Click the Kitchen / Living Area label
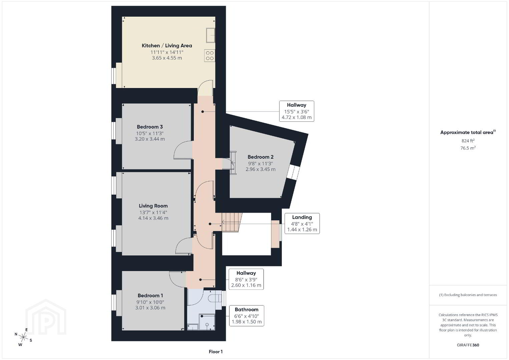[x=167, y=46]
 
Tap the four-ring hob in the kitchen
[x=209, y=56]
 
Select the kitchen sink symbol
[x=210, y=35]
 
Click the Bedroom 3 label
[x=150, y=127]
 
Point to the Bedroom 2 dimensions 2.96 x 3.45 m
[x=261, y=169]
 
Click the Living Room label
[x=153, y=206]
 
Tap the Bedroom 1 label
[x=150, y=295]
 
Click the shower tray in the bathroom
[x=207, y=322]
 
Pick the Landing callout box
[x=302, y=223]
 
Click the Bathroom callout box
[x=246, y=316]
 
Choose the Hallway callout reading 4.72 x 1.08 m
[x=297, y=111]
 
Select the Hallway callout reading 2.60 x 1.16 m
[x=246, y=279]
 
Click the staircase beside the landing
[x=232, y=222]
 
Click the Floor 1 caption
[x=216, y=352]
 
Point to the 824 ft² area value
[x=468, y=141]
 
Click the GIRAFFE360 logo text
[x=468, y=345]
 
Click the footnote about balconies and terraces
[x=468, y=295]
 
